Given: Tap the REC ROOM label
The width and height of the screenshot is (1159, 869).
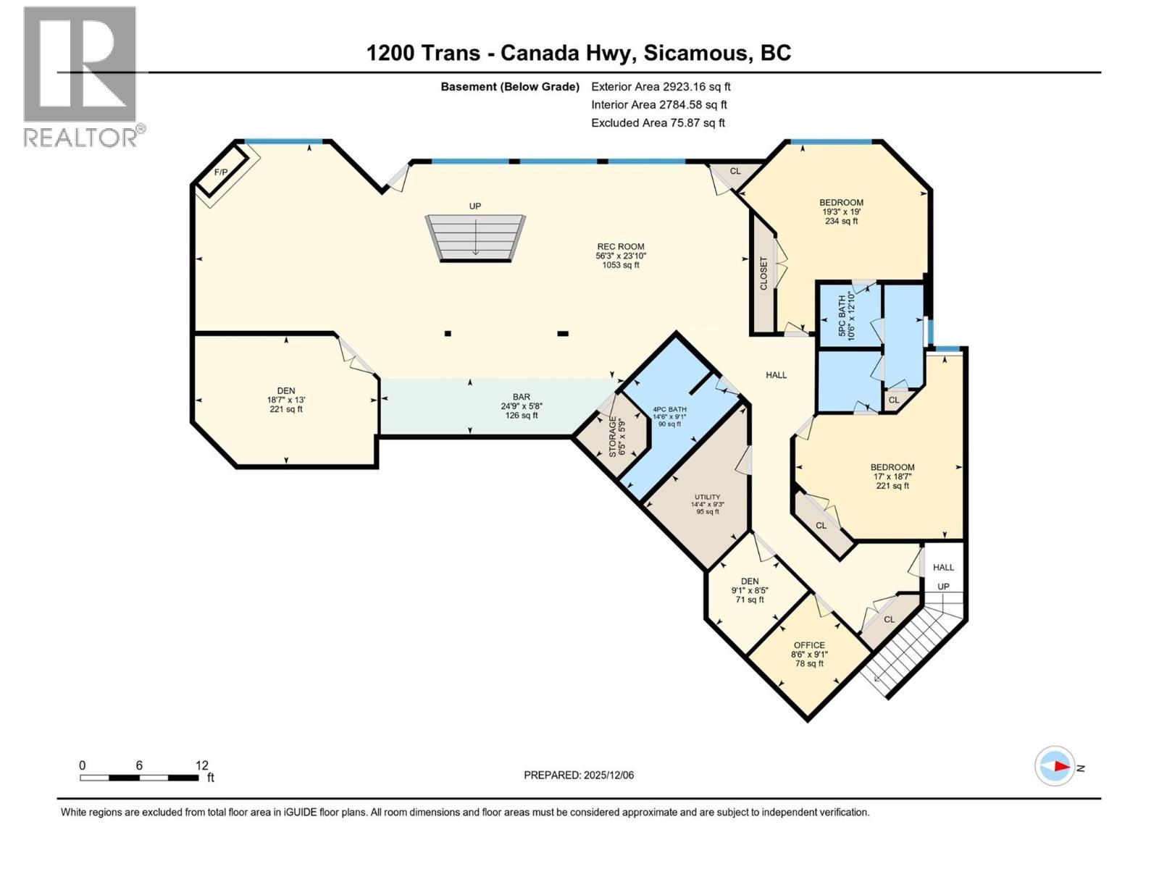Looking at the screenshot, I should tap(620, 246).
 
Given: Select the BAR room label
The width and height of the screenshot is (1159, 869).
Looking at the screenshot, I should tap(521, 397).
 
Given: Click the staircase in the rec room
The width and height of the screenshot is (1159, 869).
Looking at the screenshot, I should tap(475, 237).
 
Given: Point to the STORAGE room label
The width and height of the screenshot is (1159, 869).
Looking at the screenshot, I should tap(613, 436).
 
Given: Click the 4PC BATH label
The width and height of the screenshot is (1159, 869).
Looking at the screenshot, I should tap(669, 409).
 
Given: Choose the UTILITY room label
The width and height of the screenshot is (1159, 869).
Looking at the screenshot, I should tap(707, 497).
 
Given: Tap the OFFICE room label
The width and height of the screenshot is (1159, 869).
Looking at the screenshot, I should tap(808, 645).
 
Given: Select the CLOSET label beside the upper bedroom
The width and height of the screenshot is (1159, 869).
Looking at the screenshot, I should tap(763, 274).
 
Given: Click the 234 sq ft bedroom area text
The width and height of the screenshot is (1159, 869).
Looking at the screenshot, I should tap(841, 221).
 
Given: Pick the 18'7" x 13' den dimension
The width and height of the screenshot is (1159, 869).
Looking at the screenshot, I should tap(285, 400).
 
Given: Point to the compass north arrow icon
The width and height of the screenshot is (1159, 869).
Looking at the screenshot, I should tap(1055, 766).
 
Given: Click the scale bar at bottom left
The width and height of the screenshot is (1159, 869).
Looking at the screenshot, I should tap(139, 778).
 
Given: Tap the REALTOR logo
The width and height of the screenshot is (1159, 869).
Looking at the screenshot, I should tap(81, 76).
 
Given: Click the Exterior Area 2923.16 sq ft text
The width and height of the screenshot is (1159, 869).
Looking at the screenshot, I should tap(661, 87).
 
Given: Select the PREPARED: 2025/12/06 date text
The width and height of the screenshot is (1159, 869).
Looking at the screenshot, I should tap(578, 775).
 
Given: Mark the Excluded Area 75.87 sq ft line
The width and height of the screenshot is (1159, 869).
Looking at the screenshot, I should tap(658, 123).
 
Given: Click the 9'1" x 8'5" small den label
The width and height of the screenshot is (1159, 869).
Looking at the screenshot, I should tap(749, 590).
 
